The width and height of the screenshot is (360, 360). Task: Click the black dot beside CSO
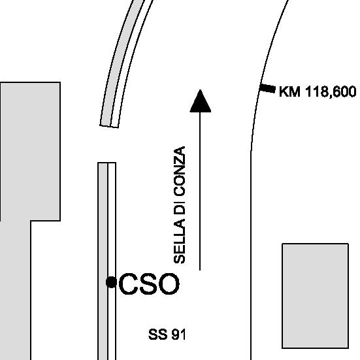111,282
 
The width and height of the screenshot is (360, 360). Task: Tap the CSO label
149,284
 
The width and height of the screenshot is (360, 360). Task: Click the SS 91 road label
167,335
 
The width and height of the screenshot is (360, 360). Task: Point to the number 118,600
331,92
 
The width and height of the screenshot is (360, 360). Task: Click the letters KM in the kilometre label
289,91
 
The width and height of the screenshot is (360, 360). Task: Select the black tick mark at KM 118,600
267,88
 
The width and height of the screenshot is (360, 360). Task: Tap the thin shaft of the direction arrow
200,191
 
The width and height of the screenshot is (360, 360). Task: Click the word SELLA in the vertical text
179,241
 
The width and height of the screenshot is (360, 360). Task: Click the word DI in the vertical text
179,206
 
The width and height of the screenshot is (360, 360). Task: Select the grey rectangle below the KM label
315,296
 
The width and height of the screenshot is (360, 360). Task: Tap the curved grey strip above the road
122,62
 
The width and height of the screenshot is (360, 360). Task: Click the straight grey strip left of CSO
103,261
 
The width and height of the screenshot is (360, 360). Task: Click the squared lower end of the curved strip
109,126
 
